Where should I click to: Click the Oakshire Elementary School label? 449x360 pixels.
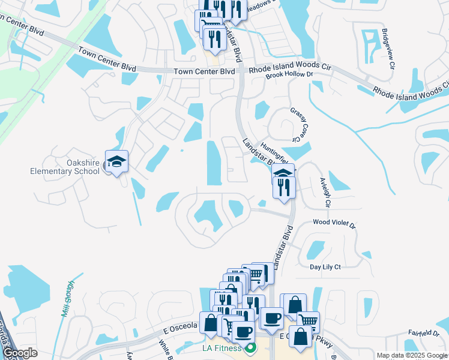click(65, 167)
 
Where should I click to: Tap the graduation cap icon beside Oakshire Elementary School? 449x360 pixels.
click(116, 161)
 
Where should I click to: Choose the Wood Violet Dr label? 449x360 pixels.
click(334, 223)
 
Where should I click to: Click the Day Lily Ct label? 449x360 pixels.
click(325, 266)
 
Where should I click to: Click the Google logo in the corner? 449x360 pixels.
click(20, 353)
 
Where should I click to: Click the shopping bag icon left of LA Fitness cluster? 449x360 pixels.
click(211, 322)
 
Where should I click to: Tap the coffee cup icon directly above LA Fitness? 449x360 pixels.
click(243, 331)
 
